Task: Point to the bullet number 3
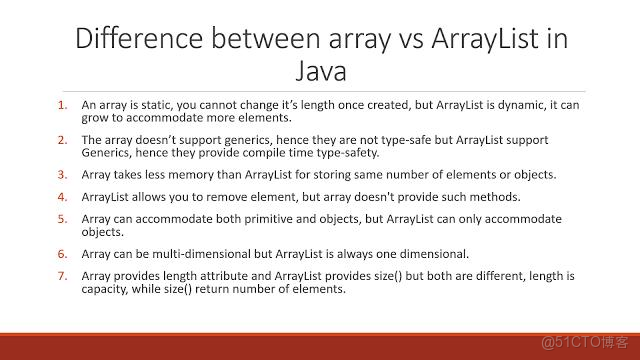(x=62, y=175)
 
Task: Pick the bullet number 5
(x=62, y=219)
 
